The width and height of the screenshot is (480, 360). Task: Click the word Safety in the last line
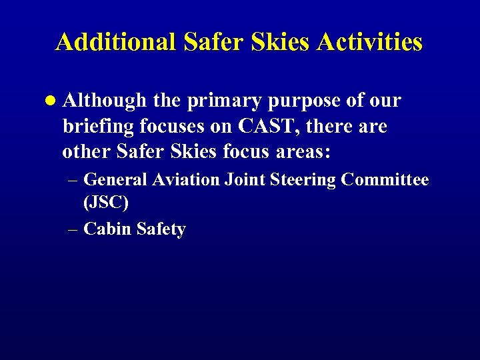161,229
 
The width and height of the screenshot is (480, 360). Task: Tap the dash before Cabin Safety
73,229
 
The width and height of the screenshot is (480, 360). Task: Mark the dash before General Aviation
73,180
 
